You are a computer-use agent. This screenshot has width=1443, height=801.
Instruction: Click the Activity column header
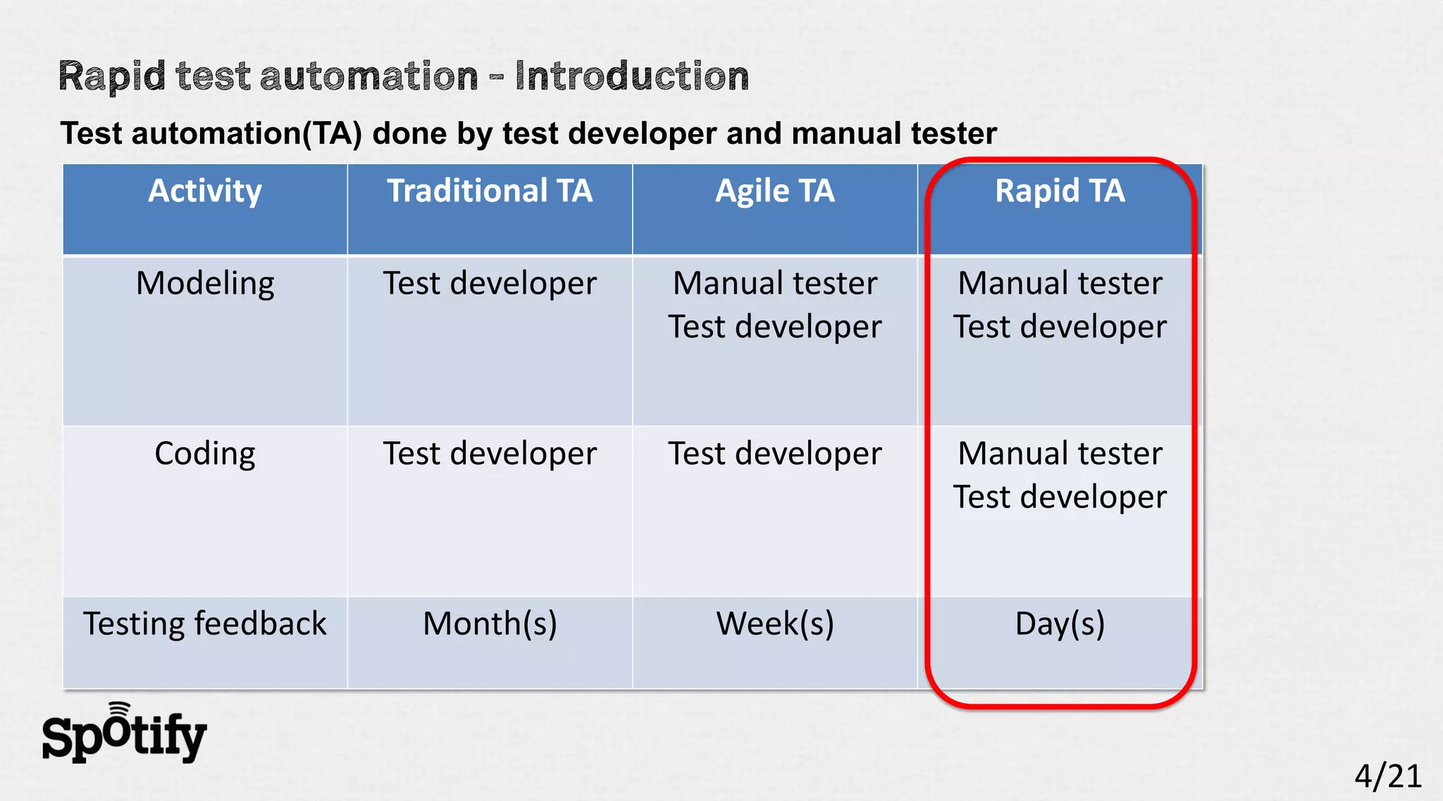[204, 192]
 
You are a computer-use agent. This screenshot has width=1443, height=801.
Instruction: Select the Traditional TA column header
[490, 192]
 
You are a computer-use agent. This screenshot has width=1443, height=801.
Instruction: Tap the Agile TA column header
[774, 192]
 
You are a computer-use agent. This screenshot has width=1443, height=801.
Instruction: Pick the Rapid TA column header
[1060, 192]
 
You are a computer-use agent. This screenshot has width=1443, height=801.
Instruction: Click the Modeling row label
[204, 284]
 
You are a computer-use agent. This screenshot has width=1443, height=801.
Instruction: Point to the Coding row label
[204, 454]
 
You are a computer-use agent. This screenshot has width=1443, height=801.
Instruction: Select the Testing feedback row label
[204, 624]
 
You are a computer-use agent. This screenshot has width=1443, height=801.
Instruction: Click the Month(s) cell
[490, 624]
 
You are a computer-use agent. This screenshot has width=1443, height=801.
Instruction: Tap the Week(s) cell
[774, 624]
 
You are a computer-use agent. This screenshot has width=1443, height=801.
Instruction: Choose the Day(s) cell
[1060, 624]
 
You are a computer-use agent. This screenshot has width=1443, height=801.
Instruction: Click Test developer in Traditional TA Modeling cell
[490, 284]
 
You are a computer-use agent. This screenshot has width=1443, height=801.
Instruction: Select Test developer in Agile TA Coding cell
[774, 454]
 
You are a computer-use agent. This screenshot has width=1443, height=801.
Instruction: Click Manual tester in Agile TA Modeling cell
[774, 284]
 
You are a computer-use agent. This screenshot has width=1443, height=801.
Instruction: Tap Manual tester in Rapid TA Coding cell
[1060, 454]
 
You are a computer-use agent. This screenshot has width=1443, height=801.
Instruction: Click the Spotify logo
[124, 735]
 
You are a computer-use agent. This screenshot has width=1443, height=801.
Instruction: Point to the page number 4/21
[1387, 776]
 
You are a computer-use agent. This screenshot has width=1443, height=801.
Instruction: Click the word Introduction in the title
[631, 76]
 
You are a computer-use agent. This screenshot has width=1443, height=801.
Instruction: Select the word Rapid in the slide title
[111, 76]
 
